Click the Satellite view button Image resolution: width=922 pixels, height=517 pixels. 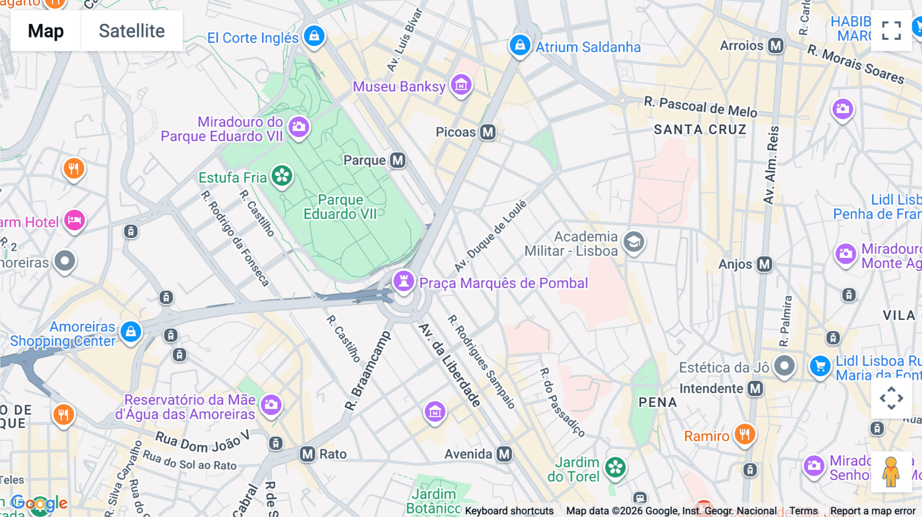[132, 31]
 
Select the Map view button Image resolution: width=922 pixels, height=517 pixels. [46, 31]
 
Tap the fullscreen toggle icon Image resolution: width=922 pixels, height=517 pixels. [891, 31]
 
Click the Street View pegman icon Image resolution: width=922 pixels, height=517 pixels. [891, 471]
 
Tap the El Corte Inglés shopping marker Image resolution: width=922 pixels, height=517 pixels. [314, 36]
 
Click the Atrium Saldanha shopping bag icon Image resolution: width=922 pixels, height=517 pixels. [519, 45]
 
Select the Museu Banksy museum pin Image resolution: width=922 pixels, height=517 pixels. [461, 84]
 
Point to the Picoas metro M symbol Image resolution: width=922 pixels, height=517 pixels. [488, 132]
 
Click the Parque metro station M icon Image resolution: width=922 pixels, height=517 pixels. [397, 160]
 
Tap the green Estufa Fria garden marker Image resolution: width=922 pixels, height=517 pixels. [282, 176]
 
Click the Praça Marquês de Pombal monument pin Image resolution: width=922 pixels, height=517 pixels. [404, 281]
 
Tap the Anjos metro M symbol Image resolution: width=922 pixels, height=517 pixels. [764, 264]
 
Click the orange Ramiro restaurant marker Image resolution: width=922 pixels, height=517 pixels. [744, 434]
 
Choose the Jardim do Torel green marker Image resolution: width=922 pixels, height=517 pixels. [615, 467]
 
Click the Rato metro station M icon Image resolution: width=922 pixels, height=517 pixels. [307, 454]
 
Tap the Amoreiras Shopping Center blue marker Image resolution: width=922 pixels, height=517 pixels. [131, 332]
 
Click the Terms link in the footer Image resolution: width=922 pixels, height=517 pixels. [803, 511]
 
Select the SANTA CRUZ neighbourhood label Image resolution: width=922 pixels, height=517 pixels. [700, 130]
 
